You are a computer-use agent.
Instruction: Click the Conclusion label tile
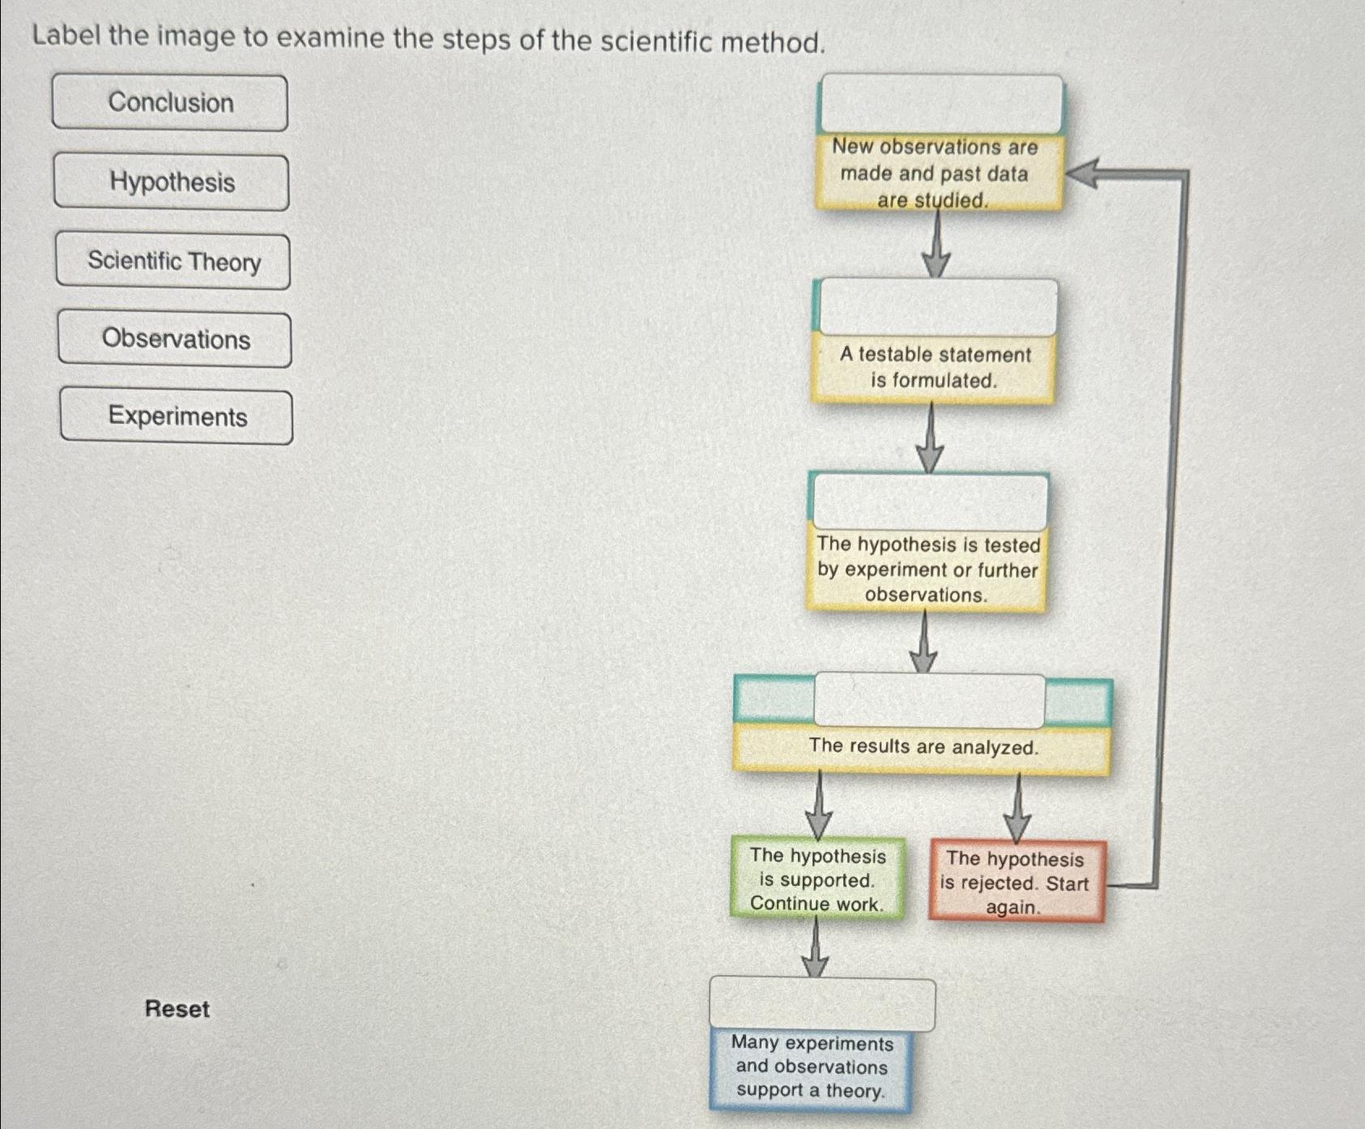click(x=170, y=103)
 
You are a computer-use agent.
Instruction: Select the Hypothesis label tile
click(x=172, y=182)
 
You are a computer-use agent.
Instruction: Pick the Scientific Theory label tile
click(x=173, y=261)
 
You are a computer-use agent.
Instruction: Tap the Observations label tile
click(x=175, y=340)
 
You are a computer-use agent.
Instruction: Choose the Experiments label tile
click(x=177, y=417)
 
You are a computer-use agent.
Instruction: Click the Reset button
click(x=177, y=1009)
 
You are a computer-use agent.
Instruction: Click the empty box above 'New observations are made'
click(x=941, y=104)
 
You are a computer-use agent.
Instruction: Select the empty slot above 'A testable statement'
click(x=938, y=307)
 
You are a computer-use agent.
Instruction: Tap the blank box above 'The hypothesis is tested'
click(x=930, y=502)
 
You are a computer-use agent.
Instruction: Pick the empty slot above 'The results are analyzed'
click(x=929, y=700)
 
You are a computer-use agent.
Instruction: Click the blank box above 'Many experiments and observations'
click(x=821, y=1005)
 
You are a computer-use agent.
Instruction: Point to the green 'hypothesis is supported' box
click(x=817, y=879)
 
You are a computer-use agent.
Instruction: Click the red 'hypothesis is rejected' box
click(x=1016, y=883)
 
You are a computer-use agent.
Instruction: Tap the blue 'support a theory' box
click(x=811, y=1067)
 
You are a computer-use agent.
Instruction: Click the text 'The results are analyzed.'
click(x=923, y=746)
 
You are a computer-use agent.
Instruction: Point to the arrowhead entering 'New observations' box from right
click(x=1081, y=173)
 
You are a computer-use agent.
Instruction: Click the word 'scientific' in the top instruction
click(x=649, y=41)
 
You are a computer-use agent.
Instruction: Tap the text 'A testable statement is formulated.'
click(x=934, y=367)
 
